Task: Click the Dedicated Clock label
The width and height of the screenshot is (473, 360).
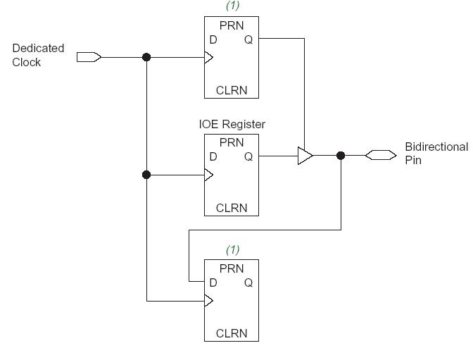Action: click(x=38, y=55)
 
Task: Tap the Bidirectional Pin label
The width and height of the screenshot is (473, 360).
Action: click(x=436, y=154)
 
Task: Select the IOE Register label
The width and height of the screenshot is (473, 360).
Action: click(x=232, y=124)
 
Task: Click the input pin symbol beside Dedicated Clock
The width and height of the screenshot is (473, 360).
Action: click(x=89, y=57)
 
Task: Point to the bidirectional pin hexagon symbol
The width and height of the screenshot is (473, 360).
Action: click(x=380, y=156)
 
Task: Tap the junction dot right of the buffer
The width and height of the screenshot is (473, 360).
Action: click(x=341, y=156)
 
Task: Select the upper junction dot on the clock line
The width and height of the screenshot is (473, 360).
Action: click(x=146, y=57)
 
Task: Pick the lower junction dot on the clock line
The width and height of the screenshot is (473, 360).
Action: click(x=146, y=175)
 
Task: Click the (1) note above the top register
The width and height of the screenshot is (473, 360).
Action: click(x=232, y=6)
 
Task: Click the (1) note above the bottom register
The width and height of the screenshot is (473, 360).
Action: click(x=232, y=249)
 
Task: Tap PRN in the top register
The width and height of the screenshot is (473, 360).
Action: click(x=232, y=25)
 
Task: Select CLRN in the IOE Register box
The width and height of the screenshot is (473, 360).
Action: click(x=232, y=208)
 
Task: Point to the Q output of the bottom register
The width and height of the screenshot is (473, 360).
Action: click(x=248, y=283)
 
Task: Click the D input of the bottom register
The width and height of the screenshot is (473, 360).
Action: click(x=213, y=283)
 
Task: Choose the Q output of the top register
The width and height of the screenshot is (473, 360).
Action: click(x=248, y=39)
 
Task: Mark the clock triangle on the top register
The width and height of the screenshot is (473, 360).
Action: click(x=208, y=57)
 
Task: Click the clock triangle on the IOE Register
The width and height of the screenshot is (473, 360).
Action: click(x=208, y=175)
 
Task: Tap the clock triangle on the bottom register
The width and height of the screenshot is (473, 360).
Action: click(x=208, y=301)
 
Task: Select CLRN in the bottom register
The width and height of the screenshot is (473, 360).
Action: click(x=232, y=333)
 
